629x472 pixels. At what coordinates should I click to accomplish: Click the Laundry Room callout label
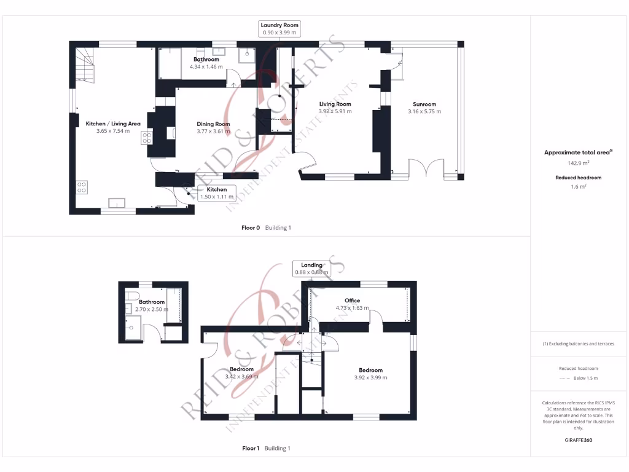click(279, 28)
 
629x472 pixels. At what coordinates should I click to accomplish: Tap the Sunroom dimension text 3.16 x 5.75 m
click(424, 112)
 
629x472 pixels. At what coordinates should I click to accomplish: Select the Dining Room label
click(213, 124)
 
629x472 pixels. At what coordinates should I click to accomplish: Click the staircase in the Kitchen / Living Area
click(85, 65)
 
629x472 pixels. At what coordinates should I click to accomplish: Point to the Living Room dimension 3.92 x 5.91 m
click(335, 112)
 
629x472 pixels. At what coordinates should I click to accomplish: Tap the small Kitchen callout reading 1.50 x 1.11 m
click(216, 193)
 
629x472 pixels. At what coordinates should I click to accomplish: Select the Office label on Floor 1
click(352, 301)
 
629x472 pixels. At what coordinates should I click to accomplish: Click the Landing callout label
click(311, 269)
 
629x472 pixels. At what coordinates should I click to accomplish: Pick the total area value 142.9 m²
click(577, 163)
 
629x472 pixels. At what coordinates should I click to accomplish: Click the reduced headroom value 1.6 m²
click(577, 187)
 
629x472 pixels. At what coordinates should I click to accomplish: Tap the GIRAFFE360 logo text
click(577, 440)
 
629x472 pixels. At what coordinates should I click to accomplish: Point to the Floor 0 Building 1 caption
click(266, 228)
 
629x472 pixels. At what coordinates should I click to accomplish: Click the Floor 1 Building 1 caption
click(266, 449)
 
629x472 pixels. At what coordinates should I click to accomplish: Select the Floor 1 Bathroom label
click(151, 302)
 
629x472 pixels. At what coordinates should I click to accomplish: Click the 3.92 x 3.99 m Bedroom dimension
click(370, 378)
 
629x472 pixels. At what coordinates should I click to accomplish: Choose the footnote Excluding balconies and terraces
click(577, 344)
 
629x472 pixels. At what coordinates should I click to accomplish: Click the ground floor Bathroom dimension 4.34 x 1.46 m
click(206, 66)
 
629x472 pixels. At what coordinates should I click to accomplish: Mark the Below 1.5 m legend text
click(586, 378)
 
